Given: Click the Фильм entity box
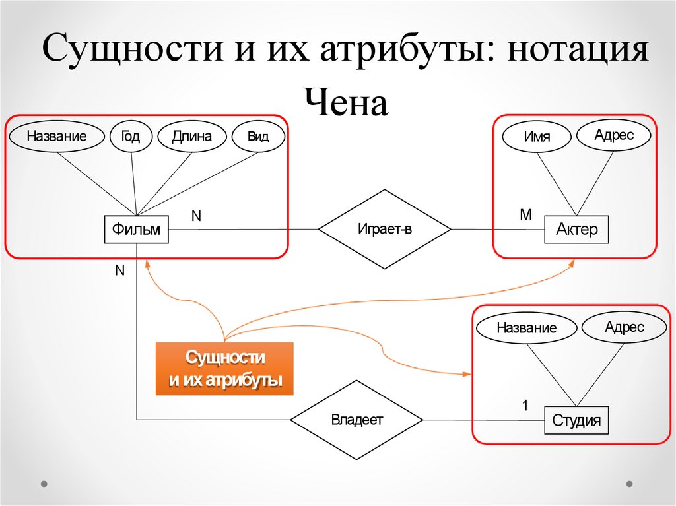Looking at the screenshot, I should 136,230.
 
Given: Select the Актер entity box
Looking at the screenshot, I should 576,230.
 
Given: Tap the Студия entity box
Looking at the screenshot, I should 576,420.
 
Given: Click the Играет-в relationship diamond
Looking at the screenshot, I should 385,229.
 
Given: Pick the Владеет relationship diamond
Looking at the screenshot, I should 356,420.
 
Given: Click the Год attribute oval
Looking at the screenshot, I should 131,137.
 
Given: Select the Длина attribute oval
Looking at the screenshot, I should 191,137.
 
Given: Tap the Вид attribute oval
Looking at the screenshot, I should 257,137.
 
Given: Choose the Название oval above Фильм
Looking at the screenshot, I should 57,137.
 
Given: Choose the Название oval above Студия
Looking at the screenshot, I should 526,327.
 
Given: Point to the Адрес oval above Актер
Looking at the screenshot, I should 614,135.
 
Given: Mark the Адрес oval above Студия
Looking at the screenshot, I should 624,327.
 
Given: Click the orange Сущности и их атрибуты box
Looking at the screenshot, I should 224,369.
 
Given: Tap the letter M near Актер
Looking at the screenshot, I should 525,215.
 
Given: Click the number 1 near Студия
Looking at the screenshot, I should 525,406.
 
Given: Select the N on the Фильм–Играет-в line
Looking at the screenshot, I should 196,216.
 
